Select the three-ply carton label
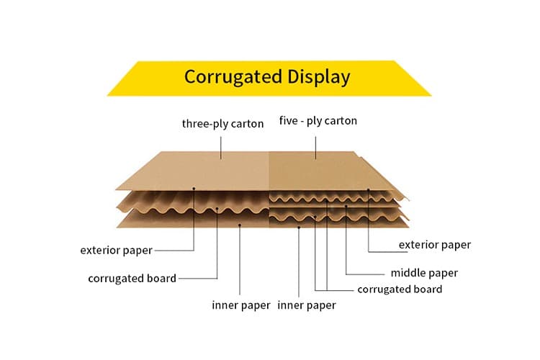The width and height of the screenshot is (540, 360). pos(222,123)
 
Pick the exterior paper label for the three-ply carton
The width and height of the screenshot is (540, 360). pos(116,251)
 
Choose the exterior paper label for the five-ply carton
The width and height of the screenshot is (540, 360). pos(434,245)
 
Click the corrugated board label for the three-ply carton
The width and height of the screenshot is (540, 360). pos(132,278)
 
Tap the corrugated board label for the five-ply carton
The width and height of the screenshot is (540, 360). pos(400,289)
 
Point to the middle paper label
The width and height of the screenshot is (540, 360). pos(424,273)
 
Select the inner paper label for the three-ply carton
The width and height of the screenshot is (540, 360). pos(240,305)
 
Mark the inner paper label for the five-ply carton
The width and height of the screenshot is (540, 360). pos(307,305)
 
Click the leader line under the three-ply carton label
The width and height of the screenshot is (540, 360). pos(222,144)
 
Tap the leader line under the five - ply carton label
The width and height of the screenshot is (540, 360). pos(317,144)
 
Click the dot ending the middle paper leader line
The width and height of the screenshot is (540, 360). pos(346,207)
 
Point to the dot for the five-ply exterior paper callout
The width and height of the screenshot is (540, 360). pos(368,190)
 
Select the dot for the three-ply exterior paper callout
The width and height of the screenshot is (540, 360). pos(194,190)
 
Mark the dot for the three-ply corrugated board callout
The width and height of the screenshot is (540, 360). pos(217,210)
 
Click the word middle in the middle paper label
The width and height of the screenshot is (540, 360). pos(409,273)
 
